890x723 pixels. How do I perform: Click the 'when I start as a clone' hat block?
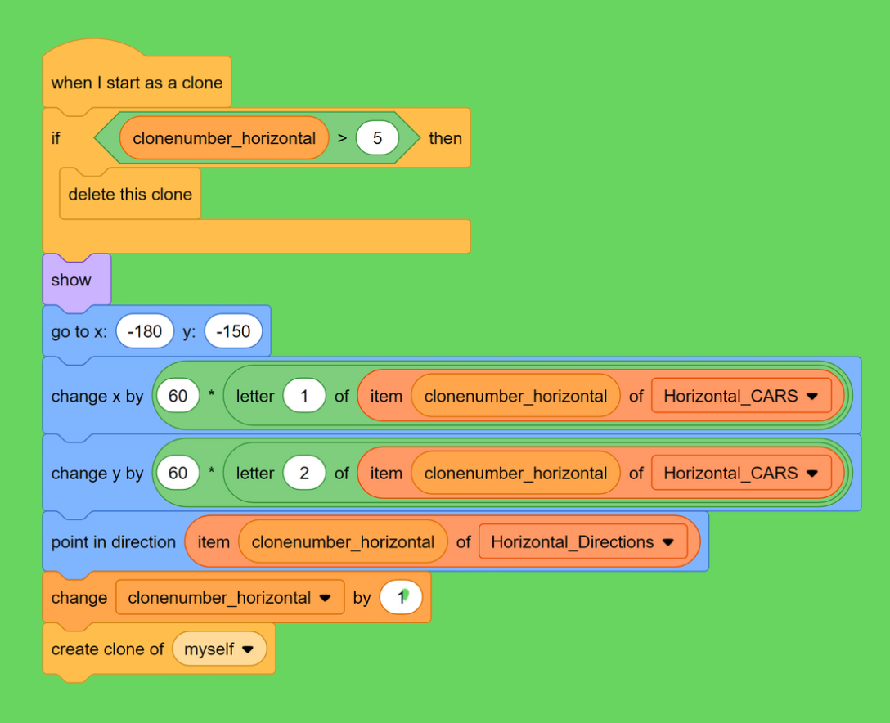[x=137, y=83]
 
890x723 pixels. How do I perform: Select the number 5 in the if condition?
[x=377, y=138]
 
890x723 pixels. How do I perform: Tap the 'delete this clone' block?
[x=130, y=195]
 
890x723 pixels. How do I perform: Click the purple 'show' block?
[x=72, y=280]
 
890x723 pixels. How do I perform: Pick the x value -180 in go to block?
[x=145, y=331]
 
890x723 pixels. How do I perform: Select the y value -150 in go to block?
[x=233, y=331]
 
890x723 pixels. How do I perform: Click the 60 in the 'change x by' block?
[x=178, y=397]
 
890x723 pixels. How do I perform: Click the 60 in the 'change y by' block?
[x=178, y=474]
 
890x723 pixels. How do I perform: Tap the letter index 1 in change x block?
[x=304, y=397]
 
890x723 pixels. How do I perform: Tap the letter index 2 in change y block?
[x=304, y=474]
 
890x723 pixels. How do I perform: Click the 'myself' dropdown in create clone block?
[x=219, y=649]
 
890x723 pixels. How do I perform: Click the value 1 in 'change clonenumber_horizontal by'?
[x=401, y=598]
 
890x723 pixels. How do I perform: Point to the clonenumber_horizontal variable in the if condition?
[x=223, y=138]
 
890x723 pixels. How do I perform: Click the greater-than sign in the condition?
[x=342, y=138]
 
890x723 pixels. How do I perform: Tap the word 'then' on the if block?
[x=445, y=138]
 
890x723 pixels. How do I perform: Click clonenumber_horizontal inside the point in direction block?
[x=343, y=542]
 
